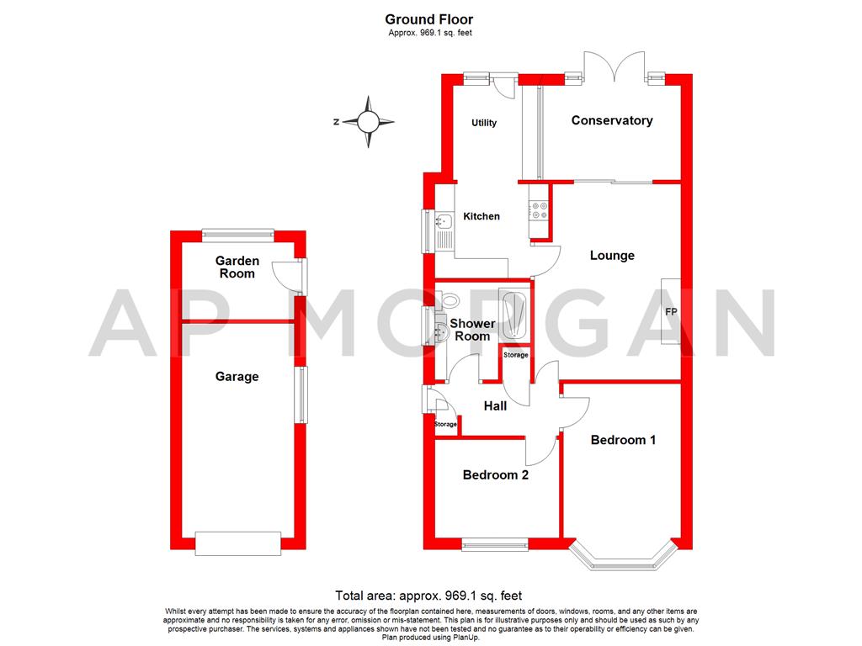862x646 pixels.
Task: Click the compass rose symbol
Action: (368, 122)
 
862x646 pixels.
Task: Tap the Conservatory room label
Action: (612, 120)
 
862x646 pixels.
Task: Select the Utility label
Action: (484, 123)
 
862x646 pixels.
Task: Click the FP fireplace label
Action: (671, 312)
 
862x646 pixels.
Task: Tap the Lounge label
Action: (612, 256)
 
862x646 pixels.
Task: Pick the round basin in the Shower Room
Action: (439, 332)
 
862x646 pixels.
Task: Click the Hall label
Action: (495, 406)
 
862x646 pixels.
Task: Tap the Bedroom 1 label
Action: (623, 440)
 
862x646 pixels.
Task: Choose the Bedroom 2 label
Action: (496, 475)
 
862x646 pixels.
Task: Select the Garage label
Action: (237, 377)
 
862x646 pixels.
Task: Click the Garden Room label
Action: (237, 267)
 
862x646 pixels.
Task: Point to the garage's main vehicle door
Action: (237, 543)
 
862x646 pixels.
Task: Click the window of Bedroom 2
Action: (494, 544)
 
